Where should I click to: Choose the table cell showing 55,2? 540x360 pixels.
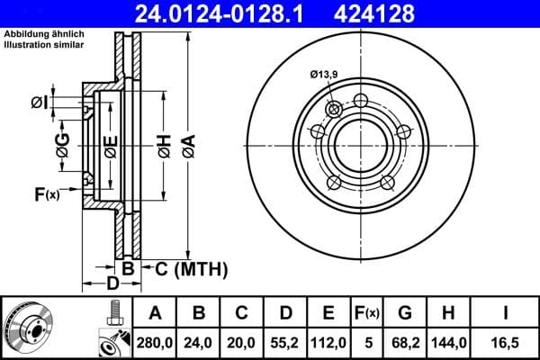[285, 341]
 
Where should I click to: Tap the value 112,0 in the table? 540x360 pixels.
[328, 341]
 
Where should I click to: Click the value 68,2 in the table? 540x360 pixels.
[405, 341]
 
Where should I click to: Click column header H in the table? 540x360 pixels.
[447, 313]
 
